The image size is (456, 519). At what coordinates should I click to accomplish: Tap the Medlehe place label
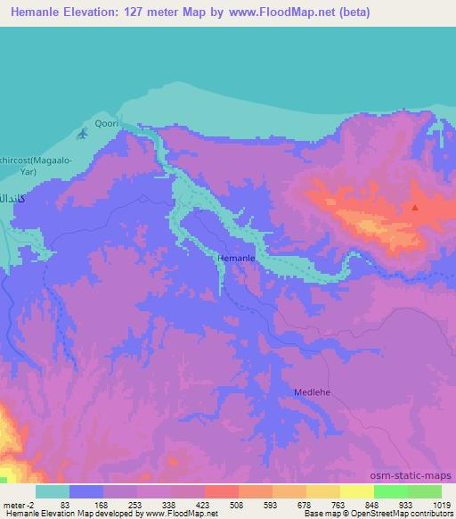312,391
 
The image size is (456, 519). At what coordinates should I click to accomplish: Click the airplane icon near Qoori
83,134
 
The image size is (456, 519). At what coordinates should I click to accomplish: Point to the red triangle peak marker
414,208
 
